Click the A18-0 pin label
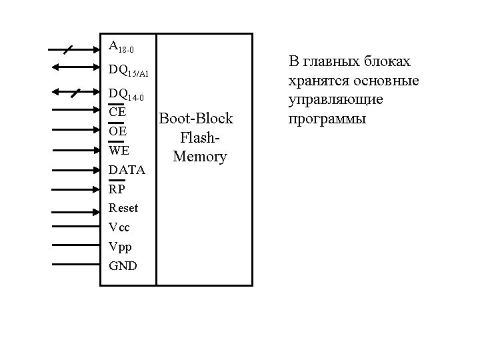pos(121,47)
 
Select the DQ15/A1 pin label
pos(129,70)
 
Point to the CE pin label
pos(117,112)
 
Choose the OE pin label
pos(117,131)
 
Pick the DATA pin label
pos(127,170)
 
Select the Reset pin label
pos(123,208)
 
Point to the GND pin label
pos(123,266)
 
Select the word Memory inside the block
pos(199,157)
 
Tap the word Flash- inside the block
pos(199,138)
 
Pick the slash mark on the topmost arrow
pos(69,49)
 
